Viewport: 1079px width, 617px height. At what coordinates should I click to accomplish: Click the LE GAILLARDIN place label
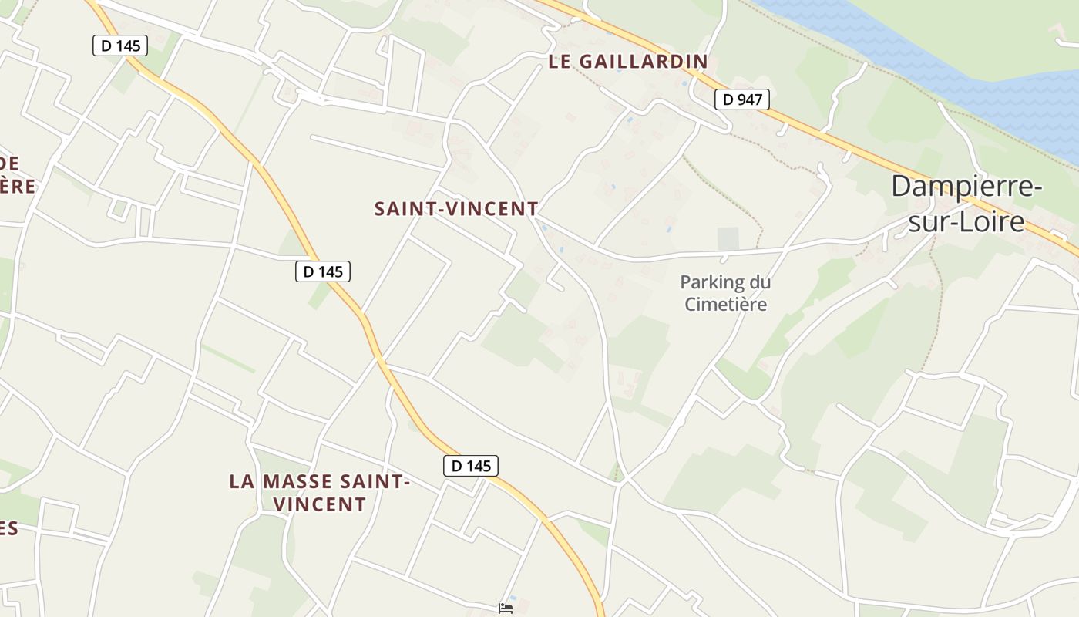pyautogui.click(x=627, y=62)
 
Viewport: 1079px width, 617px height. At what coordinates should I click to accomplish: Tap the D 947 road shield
pyautogui.click(x=741, y=99)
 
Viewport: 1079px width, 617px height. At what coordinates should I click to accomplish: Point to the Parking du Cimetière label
pyautogui.click(x=726, y=293)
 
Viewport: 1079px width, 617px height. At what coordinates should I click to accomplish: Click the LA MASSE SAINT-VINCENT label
pyautogui.click(x=319, y=493)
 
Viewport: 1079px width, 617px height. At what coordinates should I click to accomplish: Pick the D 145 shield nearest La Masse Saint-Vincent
pyautogui.click(x=470, y=466)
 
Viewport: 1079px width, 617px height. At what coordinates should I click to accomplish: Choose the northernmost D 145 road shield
pyautogui.click(x=120, y=46)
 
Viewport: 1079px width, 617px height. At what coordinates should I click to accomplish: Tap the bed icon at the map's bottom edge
pyautogui.click(x=506, y=609)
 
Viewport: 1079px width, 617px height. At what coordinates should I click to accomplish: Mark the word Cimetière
pyautogui.click(x=726, y=304)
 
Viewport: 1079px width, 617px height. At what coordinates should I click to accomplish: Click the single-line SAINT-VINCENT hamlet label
pyautogui.click(x=456, y=209)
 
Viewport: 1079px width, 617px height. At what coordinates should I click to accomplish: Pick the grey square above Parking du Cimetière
pyautogui.click(x=728, y=239)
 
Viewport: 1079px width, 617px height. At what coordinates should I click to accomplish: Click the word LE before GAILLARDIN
pyautogui.click(x=559, y=62)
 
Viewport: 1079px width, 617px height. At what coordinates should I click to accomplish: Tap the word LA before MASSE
pyautogui.click(x=241, y=482)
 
